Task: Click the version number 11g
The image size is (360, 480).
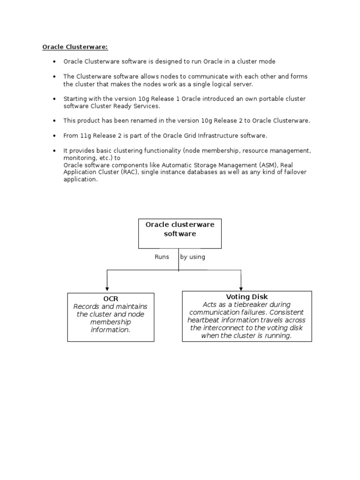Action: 85,135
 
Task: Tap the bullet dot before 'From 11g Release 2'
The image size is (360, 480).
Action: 54,136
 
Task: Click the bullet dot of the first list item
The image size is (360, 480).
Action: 54,62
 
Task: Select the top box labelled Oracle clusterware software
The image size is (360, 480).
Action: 180,233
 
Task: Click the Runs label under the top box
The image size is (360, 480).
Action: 162,257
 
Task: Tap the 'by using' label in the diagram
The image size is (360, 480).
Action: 192,257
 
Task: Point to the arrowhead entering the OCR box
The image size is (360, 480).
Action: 107,289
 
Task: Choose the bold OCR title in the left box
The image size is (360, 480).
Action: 111,299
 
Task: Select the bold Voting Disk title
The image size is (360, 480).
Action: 247,297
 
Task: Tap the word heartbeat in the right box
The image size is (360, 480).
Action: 203,320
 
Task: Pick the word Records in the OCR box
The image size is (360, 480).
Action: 87,307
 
